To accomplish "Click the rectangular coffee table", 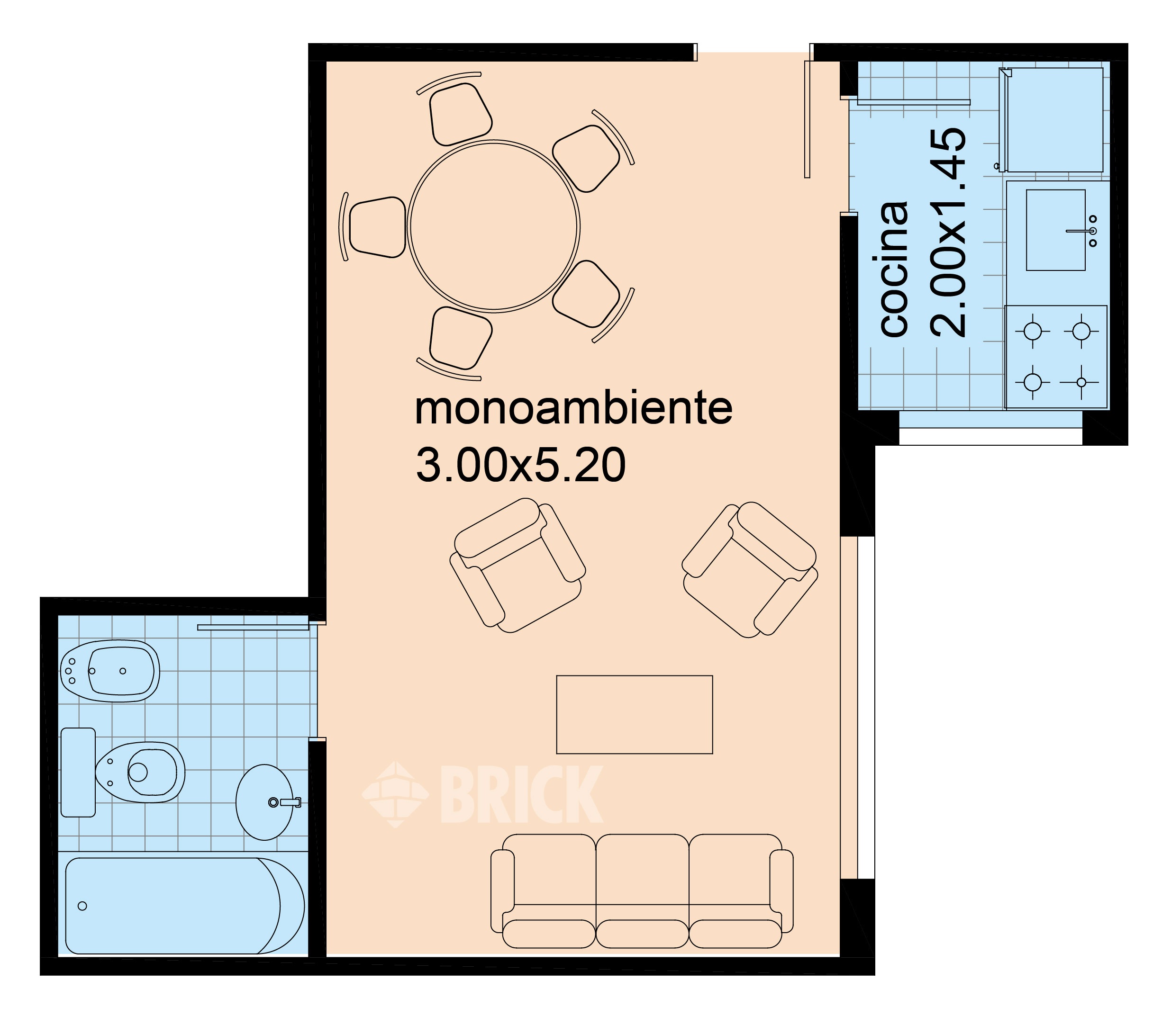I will tap(634, 714).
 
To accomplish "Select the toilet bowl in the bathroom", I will tap(145, 772).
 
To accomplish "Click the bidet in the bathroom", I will tap(110, 671).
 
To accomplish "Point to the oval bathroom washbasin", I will tap(264, 802).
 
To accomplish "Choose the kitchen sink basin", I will tap(1055, 230).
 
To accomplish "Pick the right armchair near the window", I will tap(749, 569).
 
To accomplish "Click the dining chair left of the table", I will tap(376, 227).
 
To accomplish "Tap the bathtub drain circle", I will tap(82, 906).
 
